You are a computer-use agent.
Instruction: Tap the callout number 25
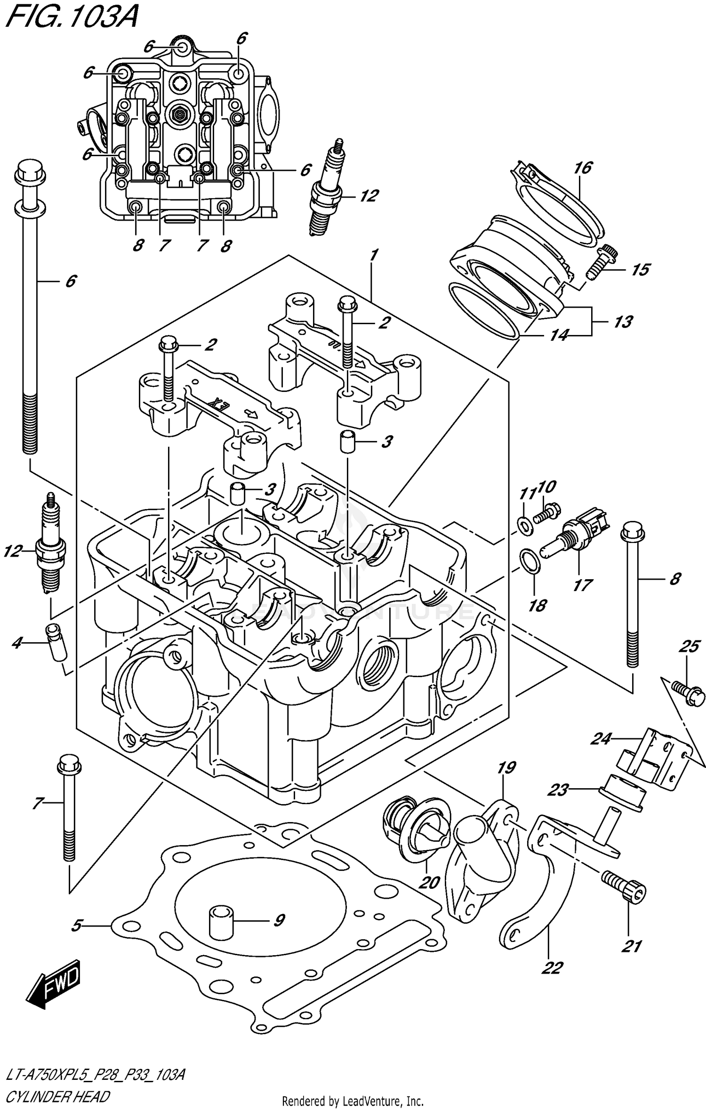point(689,647)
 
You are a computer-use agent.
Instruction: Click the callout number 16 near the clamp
point(583,168)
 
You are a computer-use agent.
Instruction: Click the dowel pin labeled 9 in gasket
point(221,922)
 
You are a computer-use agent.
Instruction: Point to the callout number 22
point(552,968)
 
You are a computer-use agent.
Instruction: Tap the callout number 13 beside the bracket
point(623,322)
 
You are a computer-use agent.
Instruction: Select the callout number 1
point(373,256)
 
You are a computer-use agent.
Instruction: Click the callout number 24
point(601,739)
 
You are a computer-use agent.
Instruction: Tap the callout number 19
point(506,768)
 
